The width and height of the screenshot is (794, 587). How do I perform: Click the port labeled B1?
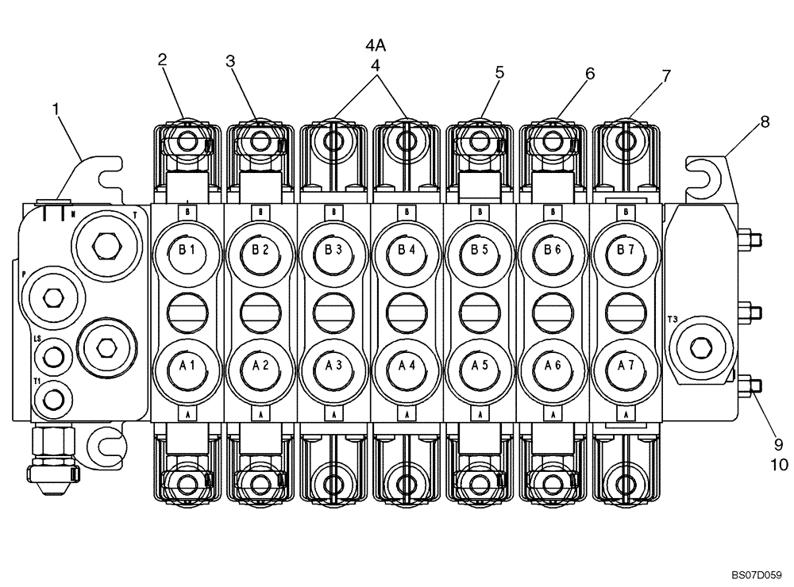pyautogui.click(x=187, y=251)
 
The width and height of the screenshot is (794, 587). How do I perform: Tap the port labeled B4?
pyautogui.click(x=407, y=251)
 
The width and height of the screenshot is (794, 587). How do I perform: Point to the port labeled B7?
pyautogui.click(x=626, y=251)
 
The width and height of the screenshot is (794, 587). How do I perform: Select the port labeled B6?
pyautogui.click(x=553, y=251)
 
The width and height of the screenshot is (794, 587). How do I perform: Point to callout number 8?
pyautogui.click(x=765, y=121)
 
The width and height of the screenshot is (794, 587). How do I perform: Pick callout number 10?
pyautogui.click(x=779, y=465)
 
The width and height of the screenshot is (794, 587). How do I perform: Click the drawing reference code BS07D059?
pyautogui.click(x=756, y=570)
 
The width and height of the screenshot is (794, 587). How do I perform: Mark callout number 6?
pyautogui.click(x=589, y=73)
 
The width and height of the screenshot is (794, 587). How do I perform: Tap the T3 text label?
pyautogui.click(x=673, y=320)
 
